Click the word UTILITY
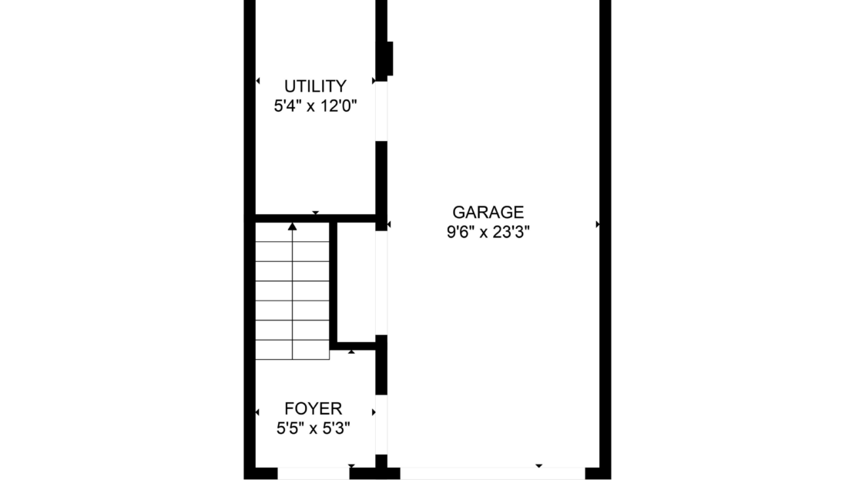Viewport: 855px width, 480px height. [315, 86]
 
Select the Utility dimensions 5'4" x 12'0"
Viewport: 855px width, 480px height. [315, 106]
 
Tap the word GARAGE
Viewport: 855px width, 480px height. [488, 212]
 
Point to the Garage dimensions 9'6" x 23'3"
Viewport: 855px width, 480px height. [488, 233]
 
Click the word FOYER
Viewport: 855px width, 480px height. [313, 408]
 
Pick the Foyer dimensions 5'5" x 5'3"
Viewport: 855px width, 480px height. [313, 428]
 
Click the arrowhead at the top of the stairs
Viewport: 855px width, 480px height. [292, 226]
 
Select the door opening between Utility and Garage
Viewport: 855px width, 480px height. [382, 111]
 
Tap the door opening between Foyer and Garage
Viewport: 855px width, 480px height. [382, 425]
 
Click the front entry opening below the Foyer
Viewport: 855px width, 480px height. [313, 474]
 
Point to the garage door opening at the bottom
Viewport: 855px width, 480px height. [492, 474]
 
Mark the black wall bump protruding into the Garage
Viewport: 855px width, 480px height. [390, 59]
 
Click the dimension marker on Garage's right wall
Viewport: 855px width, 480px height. [598, 224]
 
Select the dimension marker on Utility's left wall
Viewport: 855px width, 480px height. [258, 81]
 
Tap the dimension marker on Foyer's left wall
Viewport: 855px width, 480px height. [257, 412]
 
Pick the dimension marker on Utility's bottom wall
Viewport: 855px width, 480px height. [315, 213]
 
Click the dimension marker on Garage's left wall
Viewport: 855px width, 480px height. [389, 224]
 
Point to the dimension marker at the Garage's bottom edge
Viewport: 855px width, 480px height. [538, 466]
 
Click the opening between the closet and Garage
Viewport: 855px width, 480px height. [382, 283]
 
